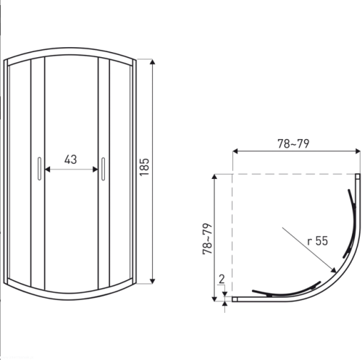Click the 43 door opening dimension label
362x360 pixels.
pyautogui.click(x=70, y=159)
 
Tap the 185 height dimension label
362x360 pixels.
pyautogui.click(x=144, y=167)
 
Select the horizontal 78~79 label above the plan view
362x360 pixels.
pyautogui.click(x=293, y=143)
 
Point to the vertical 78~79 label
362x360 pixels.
pyautogui.click(x=207, y=238)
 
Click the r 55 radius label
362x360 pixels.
pyautogui.click(x=318, y=241)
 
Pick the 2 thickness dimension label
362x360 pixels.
pyautogui.click(x=222, y=279)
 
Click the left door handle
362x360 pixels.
pyautogui.click(x=39, y=169)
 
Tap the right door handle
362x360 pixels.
pyautogui.click(x=104, y=169)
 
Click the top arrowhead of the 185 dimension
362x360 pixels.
pyautogui.click(x=152, y=62)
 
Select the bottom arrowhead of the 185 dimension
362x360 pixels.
pyautogui.click(x=152, y=281)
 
